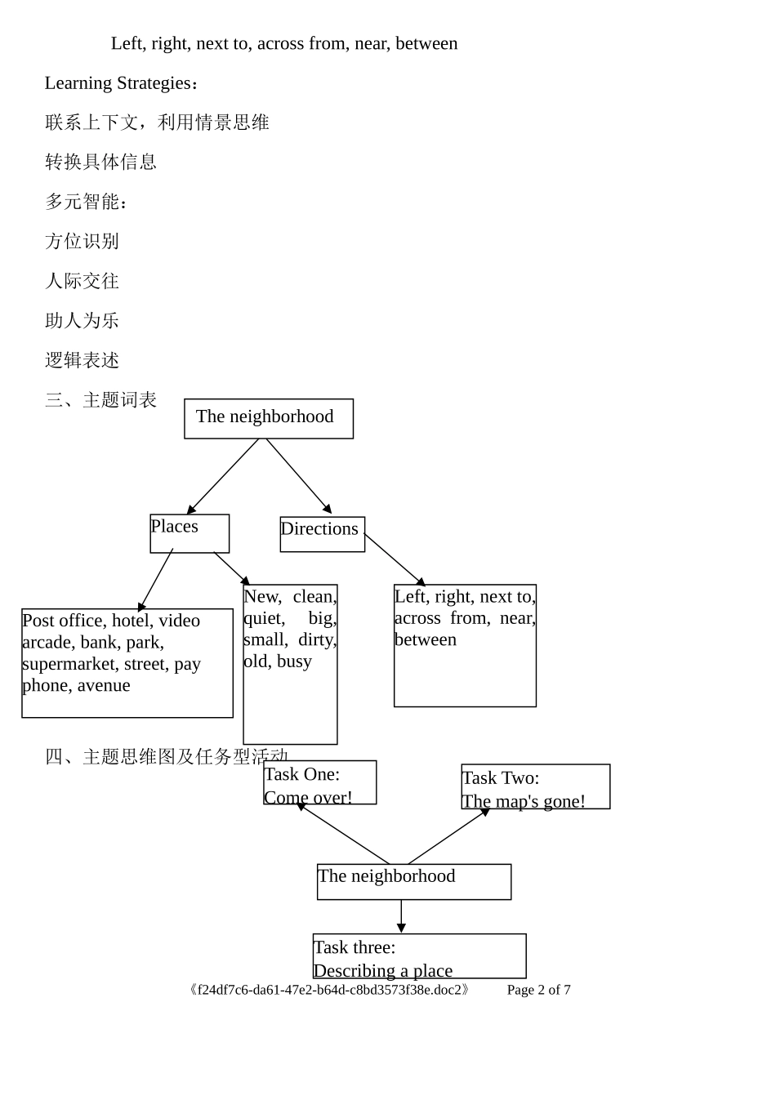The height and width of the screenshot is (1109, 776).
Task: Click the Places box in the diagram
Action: click(190, 533)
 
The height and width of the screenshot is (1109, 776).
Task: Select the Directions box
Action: click(322, 534)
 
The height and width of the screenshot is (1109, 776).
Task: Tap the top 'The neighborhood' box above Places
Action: click(269, 418)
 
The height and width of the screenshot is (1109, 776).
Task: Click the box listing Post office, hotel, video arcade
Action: click(127, 662)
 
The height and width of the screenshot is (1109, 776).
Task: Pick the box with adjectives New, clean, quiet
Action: click(290, 663)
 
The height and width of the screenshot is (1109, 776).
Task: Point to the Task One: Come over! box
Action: click(319, 782)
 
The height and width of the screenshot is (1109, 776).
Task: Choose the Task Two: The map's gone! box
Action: click(535, 786)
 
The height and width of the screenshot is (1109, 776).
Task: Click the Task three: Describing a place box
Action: click(419, 955)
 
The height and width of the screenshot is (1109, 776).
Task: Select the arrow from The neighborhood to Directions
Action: click(298, 475)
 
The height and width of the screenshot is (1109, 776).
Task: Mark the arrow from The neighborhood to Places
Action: click(223, 476)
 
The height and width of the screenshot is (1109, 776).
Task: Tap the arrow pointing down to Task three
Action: click(401, 916)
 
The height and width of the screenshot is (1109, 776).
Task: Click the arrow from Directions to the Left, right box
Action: click(395, 559)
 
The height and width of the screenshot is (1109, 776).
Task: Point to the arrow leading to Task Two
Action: click(448, 836)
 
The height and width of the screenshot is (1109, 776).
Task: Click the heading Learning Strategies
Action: click(121, 83)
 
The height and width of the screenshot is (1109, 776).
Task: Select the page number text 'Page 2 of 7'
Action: click(538, 990)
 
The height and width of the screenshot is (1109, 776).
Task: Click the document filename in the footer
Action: click(329, 990)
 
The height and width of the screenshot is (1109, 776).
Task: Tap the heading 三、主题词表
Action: click(100, 400)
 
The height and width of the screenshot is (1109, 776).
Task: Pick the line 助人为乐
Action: click(82, 321)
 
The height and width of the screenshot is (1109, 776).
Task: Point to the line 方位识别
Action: click(82, 242)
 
